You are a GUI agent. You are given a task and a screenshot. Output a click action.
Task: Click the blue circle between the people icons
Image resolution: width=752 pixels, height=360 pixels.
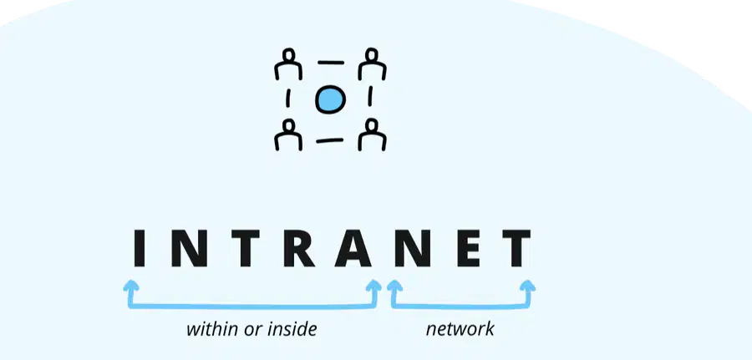pyautogui.click(x=330, y=99)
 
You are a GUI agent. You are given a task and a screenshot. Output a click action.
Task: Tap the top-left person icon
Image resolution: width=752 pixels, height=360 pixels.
pyautogui.click(x=288, y=63)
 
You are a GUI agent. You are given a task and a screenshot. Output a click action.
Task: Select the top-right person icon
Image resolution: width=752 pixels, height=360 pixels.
pyautogui.click(x=372, y=63)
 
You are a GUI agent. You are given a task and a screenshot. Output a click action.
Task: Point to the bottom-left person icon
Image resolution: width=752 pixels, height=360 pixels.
pyautogui.click(x=288, y=134)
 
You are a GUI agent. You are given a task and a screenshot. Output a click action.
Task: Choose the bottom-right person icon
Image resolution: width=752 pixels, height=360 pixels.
pyautogui.click(x=372, y=134)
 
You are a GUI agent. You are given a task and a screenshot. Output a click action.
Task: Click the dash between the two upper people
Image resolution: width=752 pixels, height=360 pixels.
pyautogui.click(x=330, y=63)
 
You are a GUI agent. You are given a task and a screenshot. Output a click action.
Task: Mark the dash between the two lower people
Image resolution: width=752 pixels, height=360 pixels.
pyautogui.click(x=330, y=140)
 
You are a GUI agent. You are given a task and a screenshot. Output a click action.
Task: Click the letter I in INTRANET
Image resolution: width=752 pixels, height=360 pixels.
pyautogui.click(x=139, y=248)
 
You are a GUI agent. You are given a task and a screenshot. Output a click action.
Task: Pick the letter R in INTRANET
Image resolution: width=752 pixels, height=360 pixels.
pyautogui.click(x=298, y=248)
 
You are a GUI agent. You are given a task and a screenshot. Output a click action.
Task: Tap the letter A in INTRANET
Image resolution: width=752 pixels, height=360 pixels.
pyautogui.click(x=354, y=248)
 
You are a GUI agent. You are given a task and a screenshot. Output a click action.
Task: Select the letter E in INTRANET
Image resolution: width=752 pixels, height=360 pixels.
pyautogui.click(x=469, y=248)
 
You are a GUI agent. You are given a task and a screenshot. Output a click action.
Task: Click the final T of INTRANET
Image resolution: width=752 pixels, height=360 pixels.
pyautogui.click(x=516, y=248)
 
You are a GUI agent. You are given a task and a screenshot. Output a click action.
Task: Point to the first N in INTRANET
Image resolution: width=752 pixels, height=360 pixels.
pyautogui.click(x=190, y=248)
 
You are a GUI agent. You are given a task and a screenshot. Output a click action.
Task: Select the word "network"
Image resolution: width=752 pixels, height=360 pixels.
pyautogui.click(x=460, y=329)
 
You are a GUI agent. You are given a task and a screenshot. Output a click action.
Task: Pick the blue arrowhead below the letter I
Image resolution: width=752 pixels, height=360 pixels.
pyautogui.click(x=131, y=286)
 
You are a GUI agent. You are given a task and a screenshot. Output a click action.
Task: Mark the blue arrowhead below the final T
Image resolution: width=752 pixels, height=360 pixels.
pyautogui.click(x=527, y=286)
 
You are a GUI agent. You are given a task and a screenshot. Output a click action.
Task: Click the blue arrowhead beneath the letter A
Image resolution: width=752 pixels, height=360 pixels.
pyautogui.click(x=373, y=286)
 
